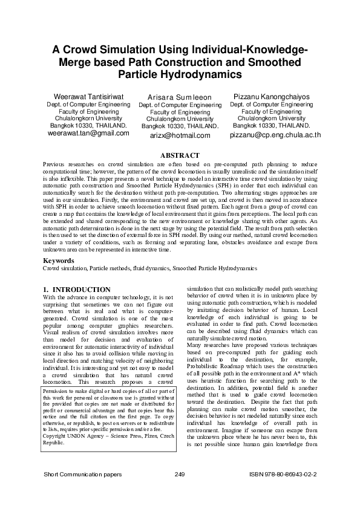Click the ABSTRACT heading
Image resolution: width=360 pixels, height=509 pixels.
pos(179,156)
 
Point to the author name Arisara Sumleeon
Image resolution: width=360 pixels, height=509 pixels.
pos(180,97)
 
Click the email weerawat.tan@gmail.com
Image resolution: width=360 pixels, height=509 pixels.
pos(88,133)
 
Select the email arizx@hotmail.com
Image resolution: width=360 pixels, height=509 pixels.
pos(180,135)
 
